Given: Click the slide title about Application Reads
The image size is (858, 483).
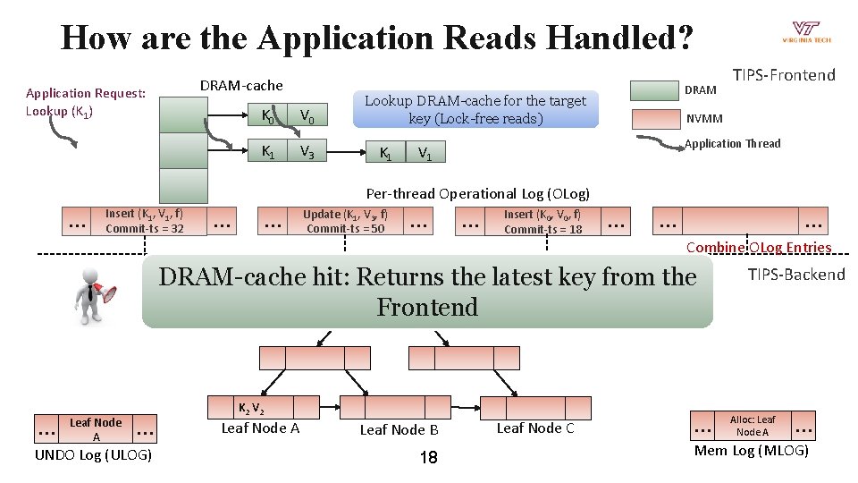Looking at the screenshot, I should pos(375,38).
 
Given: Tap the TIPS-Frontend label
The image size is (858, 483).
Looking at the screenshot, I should pos(784,75).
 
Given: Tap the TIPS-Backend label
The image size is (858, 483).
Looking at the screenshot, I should pos(795,275).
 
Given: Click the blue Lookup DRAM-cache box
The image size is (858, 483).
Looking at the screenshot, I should pos(474,109).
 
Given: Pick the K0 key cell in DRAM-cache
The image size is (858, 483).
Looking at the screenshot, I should pos(267,114).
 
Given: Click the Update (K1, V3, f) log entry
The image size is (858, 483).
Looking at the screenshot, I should pos(345,221).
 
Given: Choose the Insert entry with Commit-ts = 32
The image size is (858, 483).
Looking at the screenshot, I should pos(144,221).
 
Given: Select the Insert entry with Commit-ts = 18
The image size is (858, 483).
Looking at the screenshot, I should pos(543,221).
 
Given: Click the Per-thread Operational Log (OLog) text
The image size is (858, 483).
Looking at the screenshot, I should pos(478,193).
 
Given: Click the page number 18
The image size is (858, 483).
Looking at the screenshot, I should pos(428,458).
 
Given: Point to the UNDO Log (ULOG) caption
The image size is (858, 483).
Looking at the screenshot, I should pos(93,455).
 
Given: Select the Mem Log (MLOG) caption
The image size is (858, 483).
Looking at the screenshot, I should pos(751,450).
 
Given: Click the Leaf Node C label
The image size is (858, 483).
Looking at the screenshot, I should pos(534,428).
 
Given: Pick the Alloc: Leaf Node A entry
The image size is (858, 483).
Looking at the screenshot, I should pos(753,426).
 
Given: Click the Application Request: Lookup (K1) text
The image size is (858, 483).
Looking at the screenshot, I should pos(86,101).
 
